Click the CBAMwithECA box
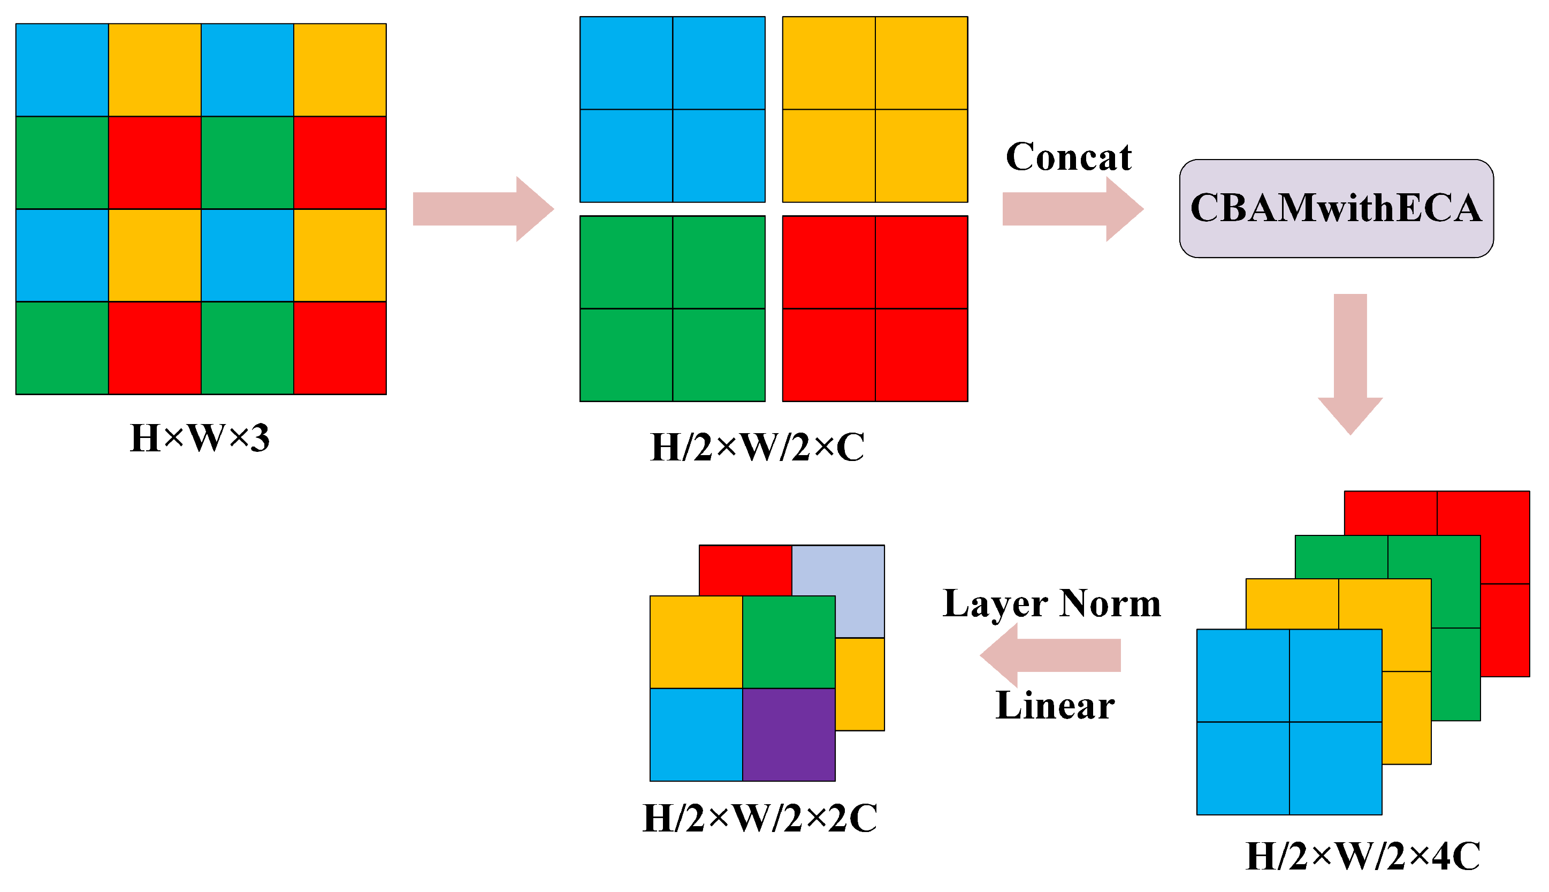(1336, 208)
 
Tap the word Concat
(1068, 157)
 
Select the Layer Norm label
(1051, 603)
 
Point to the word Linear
(1054, 705)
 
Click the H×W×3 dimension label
(200, 438)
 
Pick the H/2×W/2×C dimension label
(757, 447)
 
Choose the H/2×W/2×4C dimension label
(1362, 855)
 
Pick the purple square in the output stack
(789, 734)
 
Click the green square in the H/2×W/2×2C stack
(789, 641)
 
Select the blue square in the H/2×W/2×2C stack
(696, 734)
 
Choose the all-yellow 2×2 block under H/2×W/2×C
(874, 109)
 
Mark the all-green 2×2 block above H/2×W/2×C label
(672, 308)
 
